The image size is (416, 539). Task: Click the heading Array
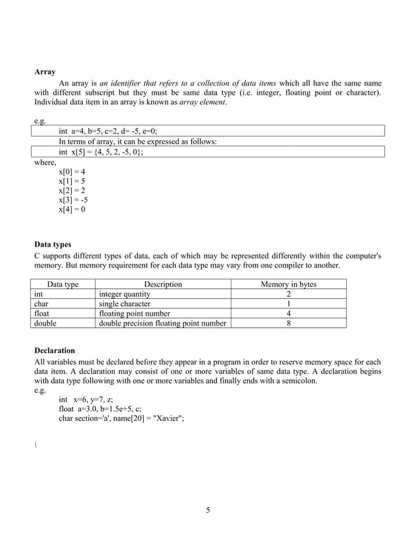[x=44, y=72]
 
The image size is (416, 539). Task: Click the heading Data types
[x=52, y=245]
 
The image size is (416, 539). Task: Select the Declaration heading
[x=54, y=350]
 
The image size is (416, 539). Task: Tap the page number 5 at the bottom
[x=207, y=510]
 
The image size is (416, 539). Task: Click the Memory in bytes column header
[x=288, y=285]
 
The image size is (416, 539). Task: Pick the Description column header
[x=162, y=285]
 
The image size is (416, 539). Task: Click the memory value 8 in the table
[x=288, y=322]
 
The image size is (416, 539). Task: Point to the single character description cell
[x=125, y=303]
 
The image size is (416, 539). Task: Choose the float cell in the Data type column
[x=42, y=313]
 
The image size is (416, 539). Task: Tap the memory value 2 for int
[x=288, y=294]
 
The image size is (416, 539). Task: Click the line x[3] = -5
[x=73, y=200]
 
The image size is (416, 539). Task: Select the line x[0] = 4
[x=72, y=172]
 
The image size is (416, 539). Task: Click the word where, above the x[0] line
[x=46, y=162]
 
